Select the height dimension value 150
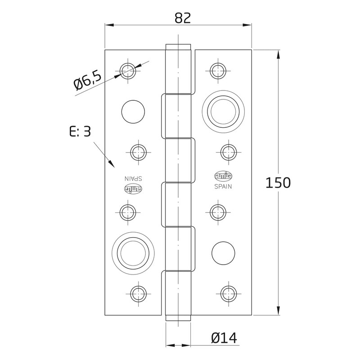[x=278, y=183]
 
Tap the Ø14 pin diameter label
[x=224, y=337]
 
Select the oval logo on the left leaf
[x=133, y=189]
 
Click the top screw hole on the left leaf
[x=127, y=70]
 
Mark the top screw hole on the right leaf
[x=219, y=69]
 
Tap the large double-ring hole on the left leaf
[x=134, y=251]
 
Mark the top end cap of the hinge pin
[x=179, y=48]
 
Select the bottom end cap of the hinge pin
[x=178, y=317]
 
